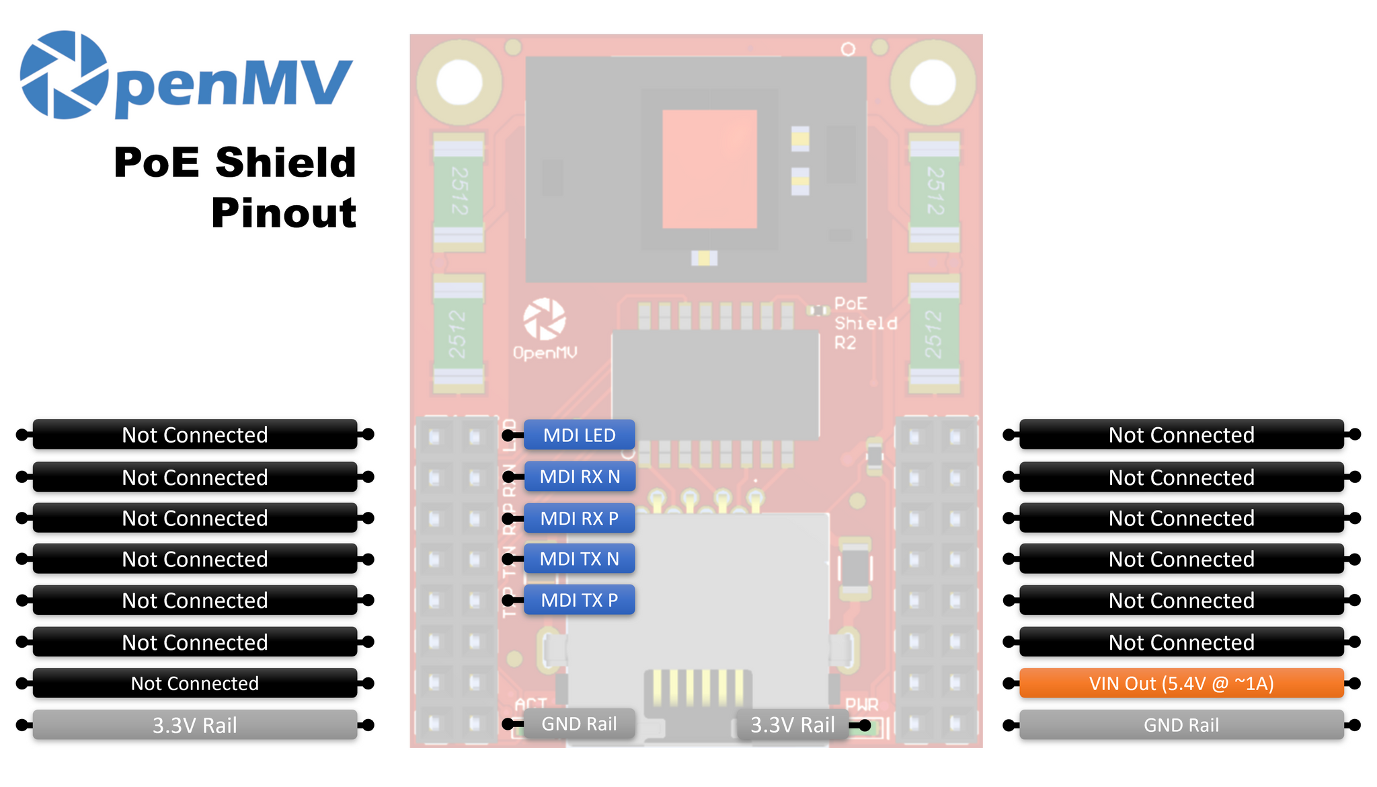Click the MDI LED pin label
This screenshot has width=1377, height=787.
579,435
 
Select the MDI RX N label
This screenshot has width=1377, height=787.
579,477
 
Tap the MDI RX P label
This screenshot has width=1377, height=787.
579,519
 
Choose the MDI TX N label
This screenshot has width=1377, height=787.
579,559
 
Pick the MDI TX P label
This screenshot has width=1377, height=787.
579,600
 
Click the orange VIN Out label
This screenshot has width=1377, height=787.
1181,683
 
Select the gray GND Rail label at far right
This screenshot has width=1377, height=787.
1181,725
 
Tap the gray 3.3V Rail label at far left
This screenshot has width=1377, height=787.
194,725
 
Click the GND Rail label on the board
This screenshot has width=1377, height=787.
579,724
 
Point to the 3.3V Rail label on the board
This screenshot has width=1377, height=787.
792,724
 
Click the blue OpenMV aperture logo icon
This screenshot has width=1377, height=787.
64,75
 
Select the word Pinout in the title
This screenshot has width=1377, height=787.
283,213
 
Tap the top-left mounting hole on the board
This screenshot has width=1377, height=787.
459,83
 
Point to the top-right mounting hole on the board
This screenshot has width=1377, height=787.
933,83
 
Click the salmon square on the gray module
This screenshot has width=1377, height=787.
709,169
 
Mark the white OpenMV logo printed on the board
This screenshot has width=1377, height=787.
545,319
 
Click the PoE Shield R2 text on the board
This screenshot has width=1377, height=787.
865,324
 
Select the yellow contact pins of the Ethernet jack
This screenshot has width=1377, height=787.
697,686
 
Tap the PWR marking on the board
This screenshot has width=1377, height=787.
861,704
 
